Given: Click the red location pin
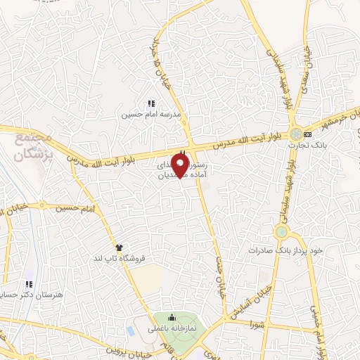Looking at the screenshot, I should (181, 166).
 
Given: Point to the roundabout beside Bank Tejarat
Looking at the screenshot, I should (295, 133).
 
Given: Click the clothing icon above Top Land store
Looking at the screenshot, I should (119, 247).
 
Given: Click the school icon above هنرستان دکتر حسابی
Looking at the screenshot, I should (29, 285).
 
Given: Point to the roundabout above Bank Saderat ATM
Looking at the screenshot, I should (281, 231).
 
